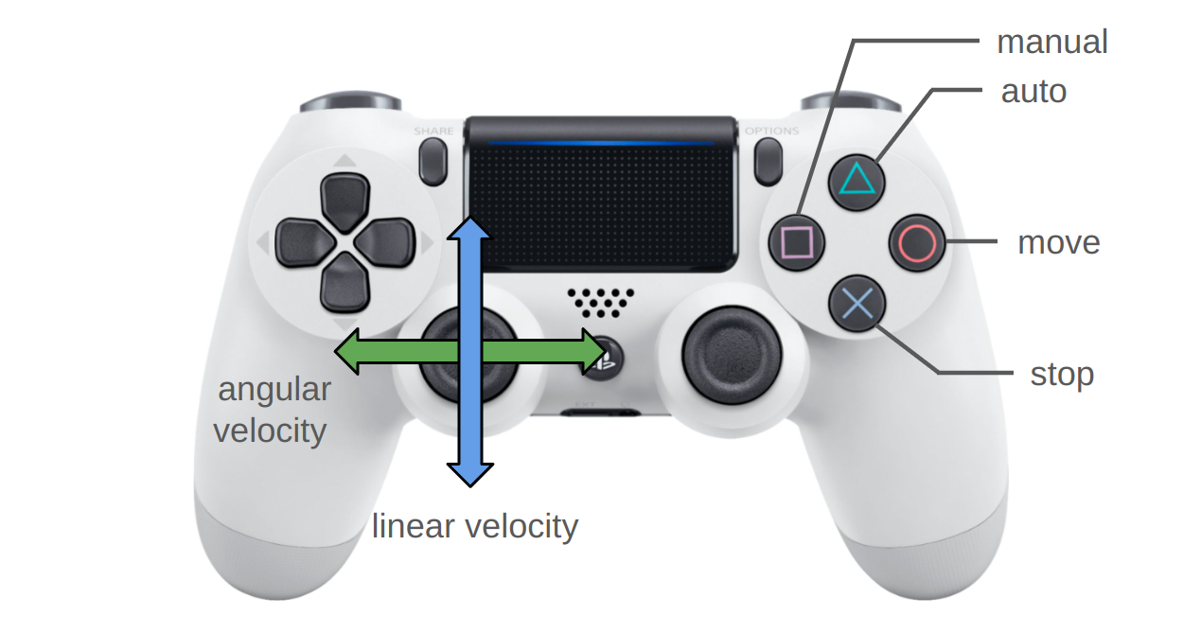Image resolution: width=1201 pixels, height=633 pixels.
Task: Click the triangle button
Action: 857,180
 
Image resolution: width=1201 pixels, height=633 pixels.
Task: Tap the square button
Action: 797,241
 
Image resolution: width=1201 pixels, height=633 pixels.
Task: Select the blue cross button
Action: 857,304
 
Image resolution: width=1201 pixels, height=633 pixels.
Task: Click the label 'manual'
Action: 1051,42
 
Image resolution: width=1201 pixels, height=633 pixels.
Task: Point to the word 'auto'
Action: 1033,91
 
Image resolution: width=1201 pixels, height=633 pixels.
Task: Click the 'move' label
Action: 1058,242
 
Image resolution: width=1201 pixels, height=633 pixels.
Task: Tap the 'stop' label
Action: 1061,374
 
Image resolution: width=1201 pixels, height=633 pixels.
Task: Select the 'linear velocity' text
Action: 474,526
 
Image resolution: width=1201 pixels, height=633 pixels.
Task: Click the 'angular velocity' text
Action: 273,410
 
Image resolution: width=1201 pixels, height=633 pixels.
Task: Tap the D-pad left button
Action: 300,242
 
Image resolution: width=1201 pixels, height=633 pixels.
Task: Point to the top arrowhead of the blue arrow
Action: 468,227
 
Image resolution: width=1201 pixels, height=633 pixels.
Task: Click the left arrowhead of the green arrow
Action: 348,352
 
